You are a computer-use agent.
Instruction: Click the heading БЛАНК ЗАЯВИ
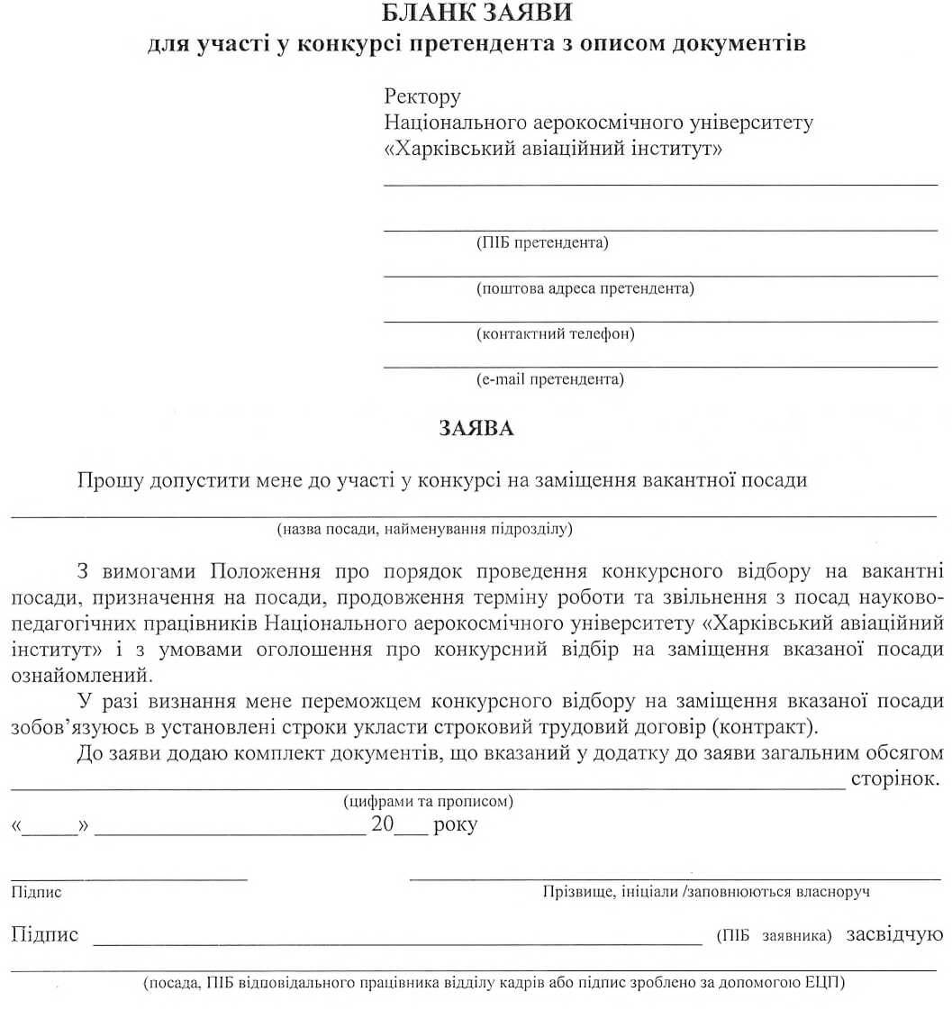[x=476, y=14]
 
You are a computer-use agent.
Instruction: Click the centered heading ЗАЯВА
[x=476, y=429]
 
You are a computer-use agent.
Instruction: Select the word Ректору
[x=422, y=96]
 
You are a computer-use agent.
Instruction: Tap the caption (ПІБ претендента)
[x=542, y=242]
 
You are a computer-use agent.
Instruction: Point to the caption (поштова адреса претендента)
[x=585, y=288]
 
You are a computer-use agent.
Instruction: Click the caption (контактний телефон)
[x=556, y=334]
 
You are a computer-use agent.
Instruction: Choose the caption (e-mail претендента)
[x=549, y=379]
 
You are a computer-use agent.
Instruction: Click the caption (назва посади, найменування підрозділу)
[x=425, y=529]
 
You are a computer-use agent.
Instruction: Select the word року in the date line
[x=455, y=825]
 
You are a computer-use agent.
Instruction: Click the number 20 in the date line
[x=383, y=825]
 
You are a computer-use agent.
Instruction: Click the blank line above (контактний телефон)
[x=660, y=321]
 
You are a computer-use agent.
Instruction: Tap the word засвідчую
[x=894, y=934]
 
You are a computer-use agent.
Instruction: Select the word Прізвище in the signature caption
[x=573, y=892]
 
